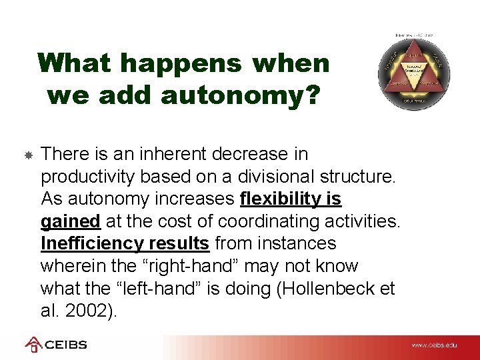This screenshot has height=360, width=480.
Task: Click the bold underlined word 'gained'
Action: pos(70,221)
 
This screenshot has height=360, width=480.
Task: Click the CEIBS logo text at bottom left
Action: pos(65,345)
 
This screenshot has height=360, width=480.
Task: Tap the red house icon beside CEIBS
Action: pos(33,344)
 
